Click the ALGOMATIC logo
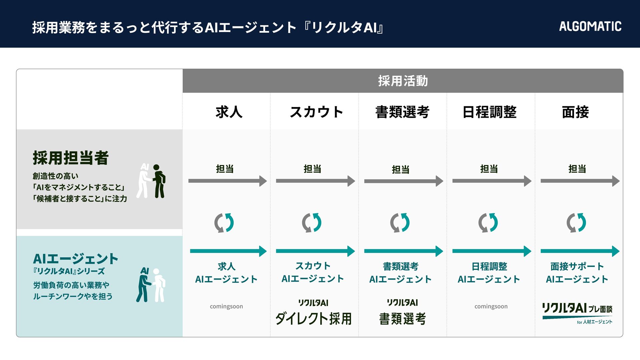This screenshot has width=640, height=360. [x=590, y=26]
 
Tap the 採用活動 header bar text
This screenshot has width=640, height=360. [x=403, y=81]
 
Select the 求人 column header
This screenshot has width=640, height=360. [x=229, y=112]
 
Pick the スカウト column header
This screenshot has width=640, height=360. [x=316, y=112]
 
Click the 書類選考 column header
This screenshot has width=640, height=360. [x=402, y=112]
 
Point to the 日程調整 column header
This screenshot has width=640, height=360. [x=489, y=112]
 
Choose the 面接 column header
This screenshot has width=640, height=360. [x=575, y=112]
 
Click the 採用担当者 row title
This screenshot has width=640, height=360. [x=71, y=158]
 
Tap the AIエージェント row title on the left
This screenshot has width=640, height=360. [x=76, y=259]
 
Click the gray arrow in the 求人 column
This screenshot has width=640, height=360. [x=227, y=181]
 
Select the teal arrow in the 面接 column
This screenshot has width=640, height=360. [x=580, y=251]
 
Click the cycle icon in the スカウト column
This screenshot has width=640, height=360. [x=312, y=223]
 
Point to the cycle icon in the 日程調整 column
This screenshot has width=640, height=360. [x=488, y=223]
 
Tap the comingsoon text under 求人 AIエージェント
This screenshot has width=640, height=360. [x=226, y=306]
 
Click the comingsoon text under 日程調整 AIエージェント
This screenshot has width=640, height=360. [x=491, y=306]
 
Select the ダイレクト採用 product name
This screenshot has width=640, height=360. [x=313, y=319]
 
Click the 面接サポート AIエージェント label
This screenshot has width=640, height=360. [x=577, y=273]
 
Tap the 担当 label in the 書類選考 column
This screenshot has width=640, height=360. [x=401, y=170]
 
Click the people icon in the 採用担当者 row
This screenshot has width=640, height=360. [x=151, y=181]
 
